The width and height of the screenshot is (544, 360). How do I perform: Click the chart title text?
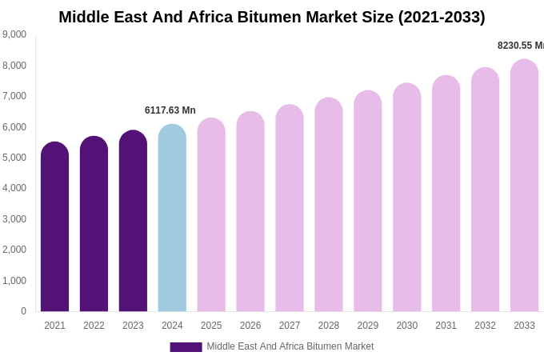(x=272, y=17)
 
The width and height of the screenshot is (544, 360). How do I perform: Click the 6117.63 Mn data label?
(x=170, y=110)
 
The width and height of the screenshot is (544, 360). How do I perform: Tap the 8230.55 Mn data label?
(x=521, y=46)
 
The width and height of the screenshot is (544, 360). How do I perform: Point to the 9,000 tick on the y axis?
(x=14, y=34)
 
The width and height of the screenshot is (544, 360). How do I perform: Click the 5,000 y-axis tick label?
(x=14, y=158)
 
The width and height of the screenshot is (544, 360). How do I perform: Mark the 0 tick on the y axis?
(x=23, y=311)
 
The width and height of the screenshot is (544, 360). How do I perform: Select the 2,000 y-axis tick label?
(x=14, y=250)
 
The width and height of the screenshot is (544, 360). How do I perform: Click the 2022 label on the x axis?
(x=94, y=326)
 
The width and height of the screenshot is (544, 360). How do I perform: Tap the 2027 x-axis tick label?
(x=290, y=326)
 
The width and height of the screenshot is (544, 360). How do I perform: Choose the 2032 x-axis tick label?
(x=485, y=326)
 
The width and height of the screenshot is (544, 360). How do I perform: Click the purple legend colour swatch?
(x=186, y=347)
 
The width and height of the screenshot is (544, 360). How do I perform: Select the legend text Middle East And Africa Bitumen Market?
(x=290, y=346)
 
